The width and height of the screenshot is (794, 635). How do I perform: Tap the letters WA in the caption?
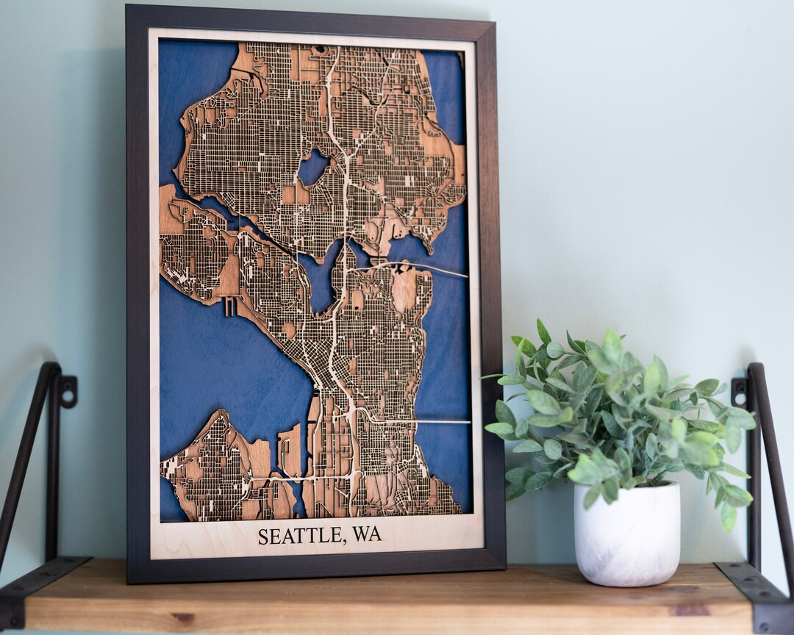coord(366,534)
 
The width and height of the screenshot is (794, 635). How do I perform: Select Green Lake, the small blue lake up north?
coord(313,168)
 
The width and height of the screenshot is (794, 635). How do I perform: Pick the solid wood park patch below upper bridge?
coord(404,289)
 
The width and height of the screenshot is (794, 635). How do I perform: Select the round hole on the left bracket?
coord(68,392)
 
